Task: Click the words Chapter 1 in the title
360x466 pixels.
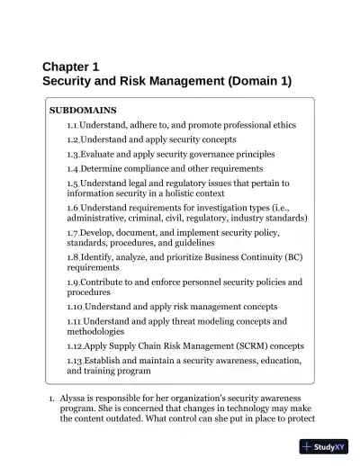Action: tap(70, 66)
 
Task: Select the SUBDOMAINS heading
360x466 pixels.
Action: tap(82, 110)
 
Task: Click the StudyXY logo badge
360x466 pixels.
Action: tap(324, 446)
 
